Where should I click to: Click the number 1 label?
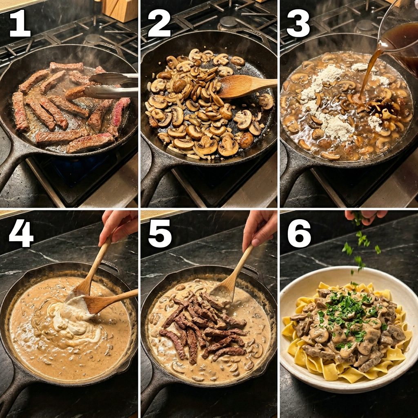[20, 23]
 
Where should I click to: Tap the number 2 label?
[159, 23]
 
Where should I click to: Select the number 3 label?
[298, 23]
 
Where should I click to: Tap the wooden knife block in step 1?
[120, 10]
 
